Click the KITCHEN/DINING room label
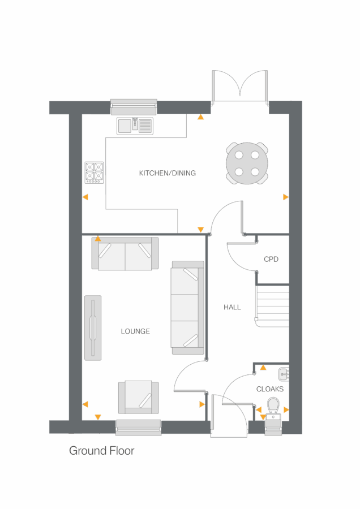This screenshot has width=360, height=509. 167,173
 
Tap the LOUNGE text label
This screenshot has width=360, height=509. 135,331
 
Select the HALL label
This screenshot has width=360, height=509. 232,307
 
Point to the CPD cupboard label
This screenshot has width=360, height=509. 271,260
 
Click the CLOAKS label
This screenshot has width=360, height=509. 270,389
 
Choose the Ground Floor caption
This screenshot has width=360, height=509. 101,451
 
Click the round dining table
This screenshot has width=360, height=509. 247,163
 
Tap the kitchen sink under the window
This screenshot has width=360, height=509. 135,126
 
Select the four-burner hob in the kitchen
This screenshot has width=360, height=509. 95,172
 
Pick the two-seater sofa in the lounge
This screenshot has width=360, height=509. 125,254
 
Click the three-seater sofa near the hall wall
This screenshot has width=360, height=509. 187,308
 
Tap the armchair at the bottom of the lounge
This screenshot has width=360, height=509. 138,397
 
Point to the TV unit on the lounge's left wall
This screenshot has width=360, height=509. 93,327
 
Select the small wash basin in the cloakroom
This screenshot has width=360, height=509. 284,373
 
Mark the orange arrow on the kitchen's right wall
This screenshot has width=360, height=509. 285,197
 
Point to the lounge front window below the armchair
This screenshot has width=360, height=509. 138,427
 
